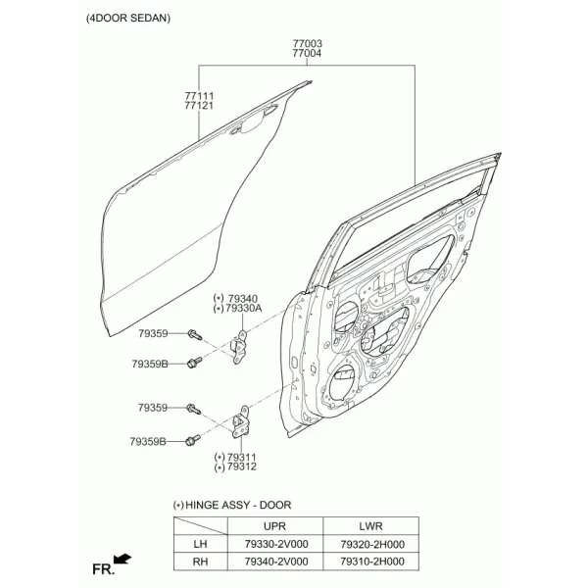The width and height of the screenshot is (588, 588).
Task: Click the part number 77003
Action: click(307, 43)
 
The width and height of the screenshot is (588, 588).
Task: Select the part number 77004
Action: click(307, 53)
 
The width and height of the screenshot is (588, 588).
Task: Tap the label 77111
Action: click(199, 96)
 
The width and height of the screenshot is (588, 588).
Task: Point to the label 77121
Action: click(199, 106)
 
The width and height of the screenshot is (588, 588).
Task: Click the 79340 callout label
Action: click(243, 299)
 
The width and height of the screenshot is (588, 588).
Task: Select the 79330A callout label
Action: click(244, 309)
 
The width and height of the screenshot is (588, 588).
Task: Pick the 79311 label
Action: click(241, 457)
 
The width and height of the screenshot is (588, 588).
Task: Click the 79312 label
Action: click(241, 466)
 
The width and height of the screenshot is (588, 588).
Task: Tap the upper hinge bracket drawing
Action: click(239, 347)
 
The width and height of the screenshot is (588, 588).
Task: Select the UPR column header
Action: click(274, 526)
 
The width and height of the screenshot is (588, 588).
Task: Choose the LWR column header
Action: click(370, 526)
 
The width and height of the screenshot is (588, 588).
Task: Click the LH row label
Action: click(200, 544)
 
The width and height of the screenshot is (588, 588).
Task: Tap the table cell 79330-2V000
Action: click(276, 544)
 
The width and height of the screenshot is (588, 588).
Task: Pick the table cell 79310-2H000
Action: click(372, 562)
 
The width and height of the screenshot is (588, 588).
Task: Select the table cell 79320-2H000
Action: click(372, 544)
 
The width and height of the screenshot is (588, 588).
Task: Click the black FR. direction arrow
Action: click(122, 559)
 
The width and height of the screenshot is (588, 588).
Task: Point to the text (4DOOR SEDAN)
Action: click(128, 18)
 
